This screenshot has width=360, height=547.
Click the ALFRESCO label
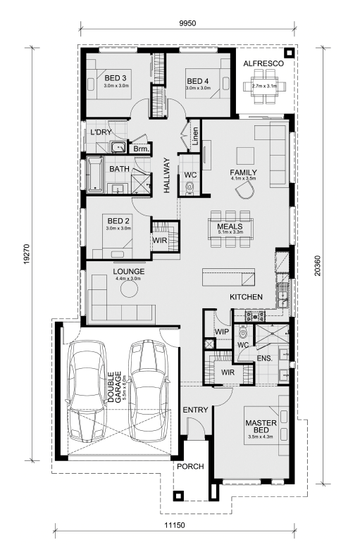pyautogui.click(x=263, y=64)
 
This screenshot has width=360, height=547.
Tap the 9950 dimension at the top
pyautogui.click(x=187, y=24)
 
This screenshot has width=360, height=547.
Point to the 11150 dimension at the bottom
pyautogui.click(x=175, y=524)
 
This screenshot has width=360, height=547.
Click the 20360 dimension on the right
pyautogui.click(x=318, y=266)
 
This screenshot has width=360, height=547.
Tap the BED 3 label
pyautogui.click(x=116, y=78)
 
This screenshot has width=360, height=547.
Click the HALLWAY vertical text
pyautogui.click(x=167, y=175)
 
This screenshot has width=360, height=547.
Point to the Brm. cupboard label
pyautogui.click(x=142, y=149)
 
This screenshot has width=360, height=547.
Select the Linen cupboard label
pyautogui.click(x=195, y=136)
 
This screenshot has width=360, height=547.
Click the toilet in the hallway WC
pyautogui.click(x=190, y=187)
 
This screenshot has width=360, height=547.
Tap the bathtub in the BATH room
pyautogui.click(x=95, y=175)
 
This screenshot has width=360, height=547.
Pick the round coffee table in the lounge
pyautogui.click(x=129, y=289)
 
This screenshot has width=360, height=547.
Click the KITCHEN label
pyautogui.click(x=246, y=297)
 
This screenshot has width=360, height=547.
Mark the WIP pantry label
pyautogui.click(x=222, y=332)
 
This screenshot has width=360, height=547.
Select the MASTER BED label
pyautogui.click(x=261, y=427)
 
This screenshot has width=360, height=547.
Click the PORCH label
pyautogui.click(x=190, y=467)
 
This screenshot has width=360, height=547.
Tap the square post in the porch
pyautogui.click(x=178, y=496)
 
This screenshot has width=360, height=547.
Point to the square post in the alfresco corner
pyautogui.click(x=289, y=53)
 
